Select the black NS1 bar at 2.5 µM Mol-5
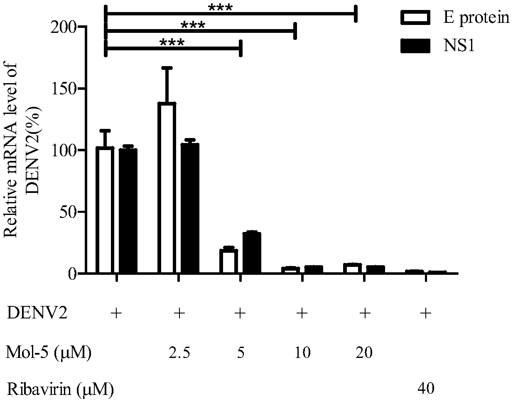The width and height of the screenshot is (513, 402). pyautogui.click(x=190, y=208)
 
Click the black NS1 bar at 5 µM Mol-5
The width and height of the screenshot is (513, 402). pyautogui.click(x=251, y=253)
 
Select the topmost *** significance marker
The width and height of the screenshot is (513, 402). pyautogui.click(x=220, y=8)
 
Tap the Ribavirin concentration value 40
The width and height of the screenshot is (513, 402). pyautogui.click(x=426, y=388)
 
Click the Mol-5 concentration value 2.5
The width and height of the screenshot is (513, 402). pyautogui.click(x=179, y=353)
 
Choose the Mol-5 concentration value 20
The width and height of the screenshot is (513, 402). pyautogui.click(x=364, y=353)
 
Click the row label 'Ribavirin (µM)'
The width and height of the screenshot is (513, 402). pyautogui.click(x=60, y=389)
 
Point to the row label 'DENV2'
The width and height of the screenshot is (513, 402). pyautogui.click(x=37, y=314)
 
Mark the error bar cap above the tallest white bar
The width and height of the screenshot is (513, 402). pyautogui.click(x=167, y=67)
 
